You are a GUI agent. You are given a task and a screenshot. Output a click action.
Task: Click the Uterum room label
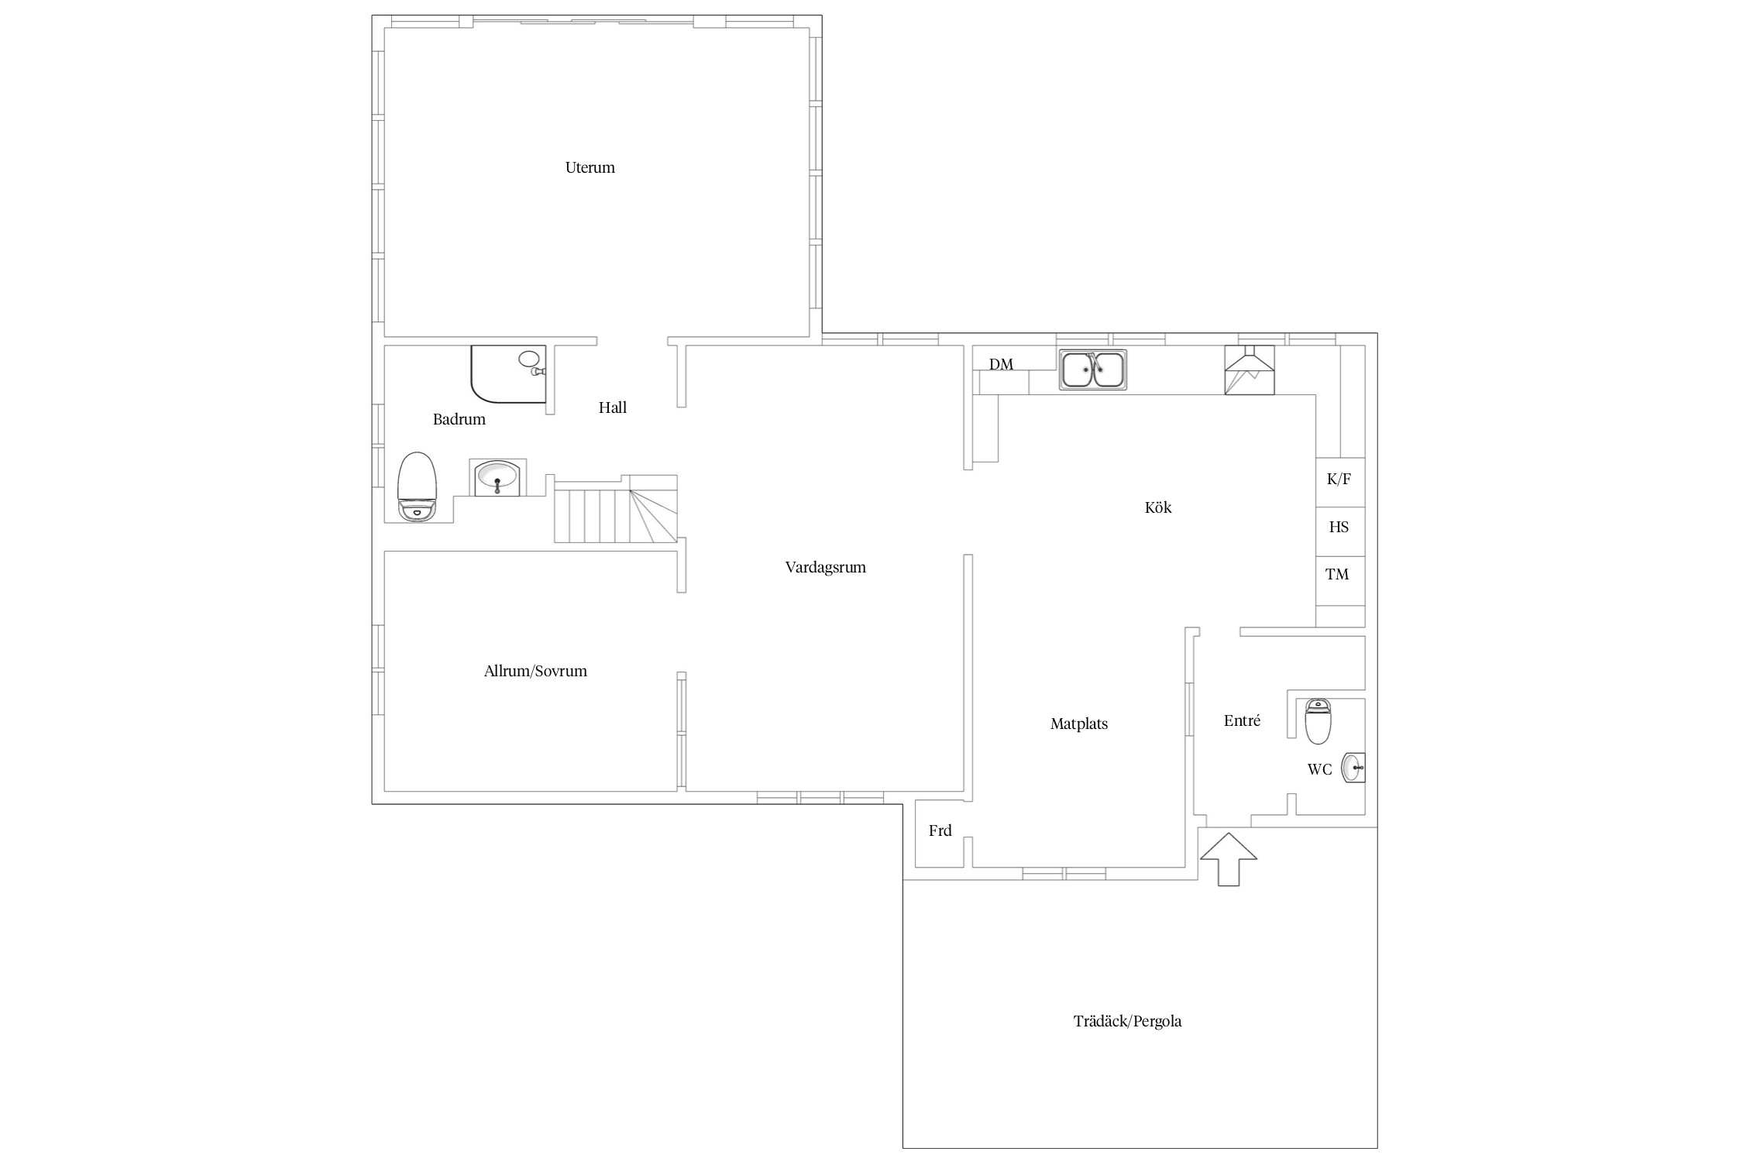pyautogui.click(x=590, y=167)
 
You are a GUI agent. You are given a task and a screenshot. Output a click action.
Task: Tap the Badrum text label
pyautogui.click(x=459, y=419)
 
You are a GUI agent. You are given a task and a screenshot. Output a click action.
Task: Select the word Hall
pyautogui.click(x=612, y=407)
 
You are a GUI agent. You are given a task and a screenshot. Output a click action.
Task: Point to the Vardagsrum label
pyautogui.click(x=825, y=567)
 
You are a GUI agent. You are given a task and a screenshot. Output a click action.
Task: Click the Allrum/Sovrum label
pyautogui.click(x=535, y=671)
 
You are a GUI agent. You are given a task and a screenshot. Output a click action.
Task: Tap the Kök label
pyautogui.click(x=1158, y=507)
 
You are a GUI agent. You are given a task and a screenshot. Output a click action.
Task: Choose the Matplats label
pyautogui.click(x=1078, y=724)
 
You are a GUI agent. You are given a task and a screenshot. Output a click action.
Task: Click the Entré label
pyautogui.click(x=1242, y=720)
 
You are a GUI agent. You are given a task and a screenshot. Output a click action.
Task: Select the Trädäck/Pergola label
pyautogui.click(x=1127, y=1021)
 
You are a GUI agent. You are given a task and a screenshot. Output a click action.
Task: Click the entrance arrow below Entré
pyautogui.click(x=1228, y=859)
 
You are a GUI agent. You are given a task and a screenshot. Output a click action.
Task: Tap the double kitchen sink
pyautogui.click(x=1092, y=370)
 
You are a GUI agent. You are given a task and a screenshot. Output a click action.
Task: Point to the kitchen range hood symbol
pyautogui.click(x=1249, y=370)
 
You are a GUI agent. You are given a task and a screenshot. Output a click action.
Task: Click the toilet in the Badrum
pyautogui.click(x=418, y=486)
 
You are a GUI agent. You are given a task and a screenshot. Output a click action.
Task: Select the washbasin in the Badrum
pyautogui.click(x=497, y=477)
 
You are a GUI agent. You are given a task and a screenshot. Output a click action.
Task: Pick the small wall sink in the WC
pyautogui.click(x=1354, y=768)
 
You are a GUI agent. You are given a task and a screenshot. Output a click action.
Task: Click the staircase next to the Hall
pyautogui.click(x=616, y=508)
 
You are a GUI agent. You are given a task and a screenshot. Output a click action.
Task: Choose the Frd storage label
pyautogui.click(x=940, y=830)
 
